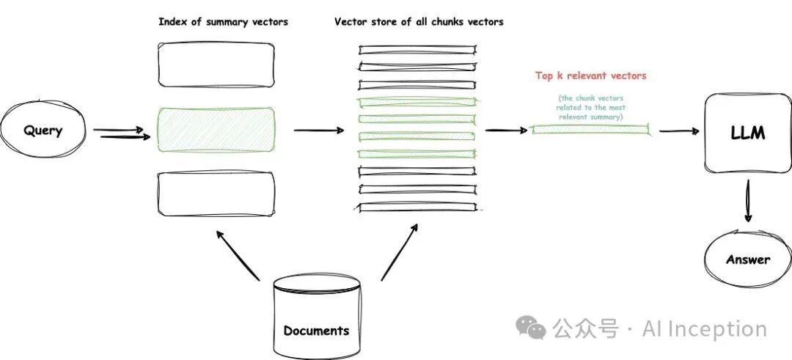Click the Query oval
click(43, 131)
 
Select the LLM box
click(747, 133)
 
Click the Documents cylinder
click(317, 315)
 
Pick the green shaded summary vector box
click(216, 130)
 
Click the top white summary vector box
click(216, 64)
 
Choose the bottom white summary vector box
click(216, 194)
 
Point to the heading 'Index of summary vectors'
click(223, 22)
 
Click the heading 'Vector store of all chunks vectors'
click(419, 22)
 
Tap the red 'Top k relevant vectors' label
click(590, 76)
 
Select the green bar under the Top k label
click(590, 130)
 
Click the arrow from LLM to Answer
click(747, 202)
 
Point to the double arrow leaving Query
click(122, 133)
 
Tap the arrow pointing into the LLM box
click(678, 132)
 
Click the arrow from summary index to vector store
click(318, 131)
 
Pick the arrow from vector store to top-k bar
click(506, 131)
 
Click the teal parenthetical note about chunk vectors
click(590, 107)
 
